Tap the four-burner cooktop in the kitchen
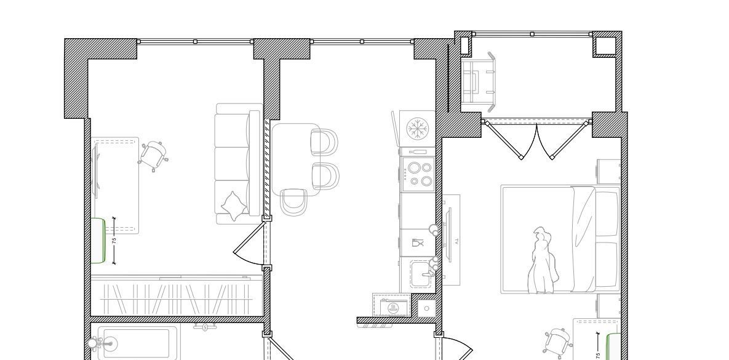tap(418, 174)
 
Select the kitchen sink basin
tap(422, 275)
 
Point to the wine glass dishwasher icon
tap(418, 243)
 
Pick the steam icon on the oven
tap(392, 307)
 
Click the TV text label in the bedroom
tap(456, 241)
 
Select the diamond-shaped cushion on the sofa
tap(234, 206)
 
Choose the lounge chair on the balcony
tap(478, 82)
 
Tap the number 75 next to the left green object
tap(114, 241)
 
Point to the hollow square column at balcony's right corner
tap(604, 44)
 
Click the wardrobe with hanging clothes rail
tap(177, 296)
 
